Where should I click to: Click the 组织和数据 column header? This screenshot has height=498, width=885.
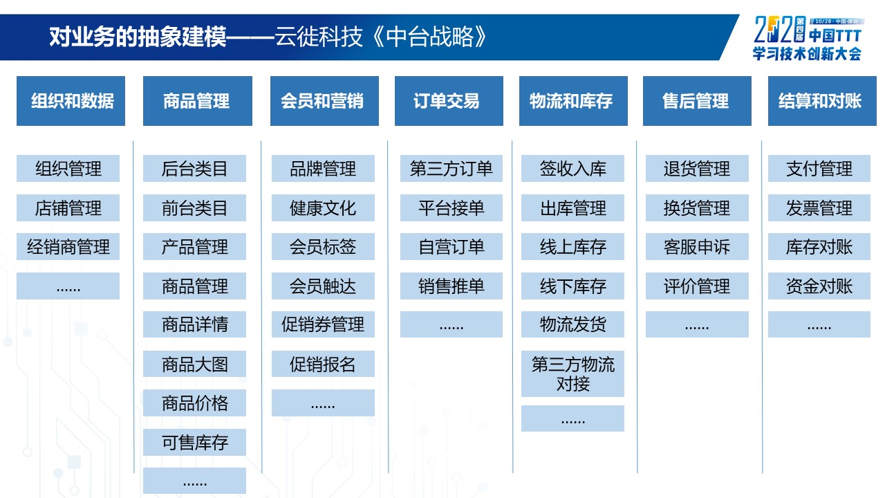pos(71,101)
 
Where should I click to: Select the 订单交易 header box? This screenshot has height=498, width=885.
pos(449,101)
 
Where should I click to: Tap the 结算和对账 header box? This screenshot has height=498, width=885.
pos(822,101)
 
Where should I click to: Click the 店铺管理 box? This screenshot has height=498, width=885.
pos(68,208)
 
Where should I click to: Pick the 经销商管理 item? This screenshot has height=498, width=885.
pos(68,247)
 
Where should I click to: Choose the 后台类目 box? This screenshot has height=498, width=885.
pos(194,168)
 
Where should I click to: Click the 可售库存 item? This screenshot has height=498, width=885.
pos(194,442)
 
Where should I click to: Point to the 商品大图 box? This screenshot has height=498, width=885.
pos(194,364)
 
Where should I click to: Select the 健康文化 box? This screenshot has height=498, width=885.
pos(323,208)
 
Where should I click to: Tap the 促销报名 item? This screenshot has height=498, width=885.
pos(323,364)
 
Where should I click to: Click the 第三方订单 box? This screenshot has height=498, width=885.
pos(451,168)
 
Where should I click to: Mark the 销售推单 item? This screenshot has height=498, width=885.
pos(451,286)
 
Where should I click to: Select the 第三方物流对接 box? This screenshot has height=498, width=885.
pos(572,373)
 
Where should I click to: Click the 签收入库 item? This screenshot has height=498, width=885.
pos(572,168)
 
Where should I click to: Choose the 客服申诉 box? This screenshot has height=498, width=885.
pos(697,247)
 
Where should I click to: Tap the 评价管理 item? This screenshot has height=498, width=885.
pos(697,286)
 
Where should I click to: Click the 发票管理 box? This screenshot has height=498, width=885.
pos(819,208)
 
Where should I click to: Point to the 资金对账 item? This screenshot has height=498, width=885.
pos(819,286)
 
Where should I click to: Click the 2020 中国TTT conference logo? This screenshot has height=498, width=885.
pos(808,38)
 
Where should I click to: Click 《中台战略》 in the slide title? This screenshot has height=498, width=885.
pos(430,37)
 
